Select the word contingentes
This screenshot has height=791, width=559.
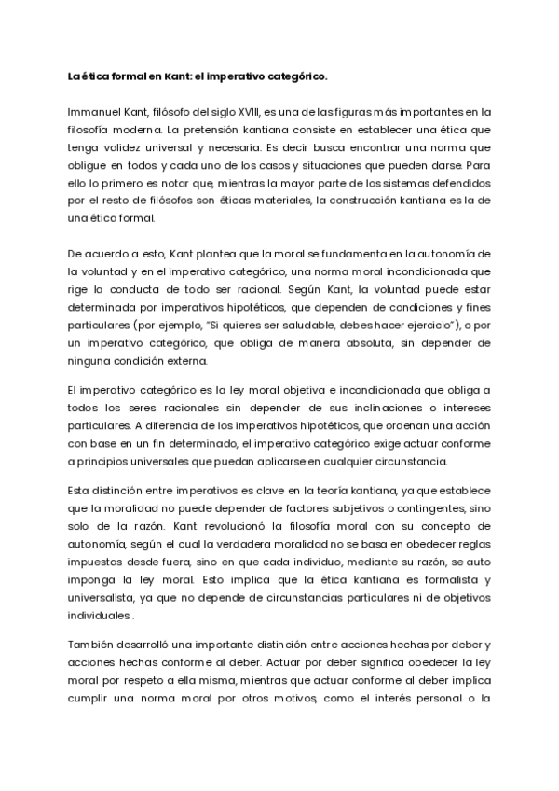point(421,507)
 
